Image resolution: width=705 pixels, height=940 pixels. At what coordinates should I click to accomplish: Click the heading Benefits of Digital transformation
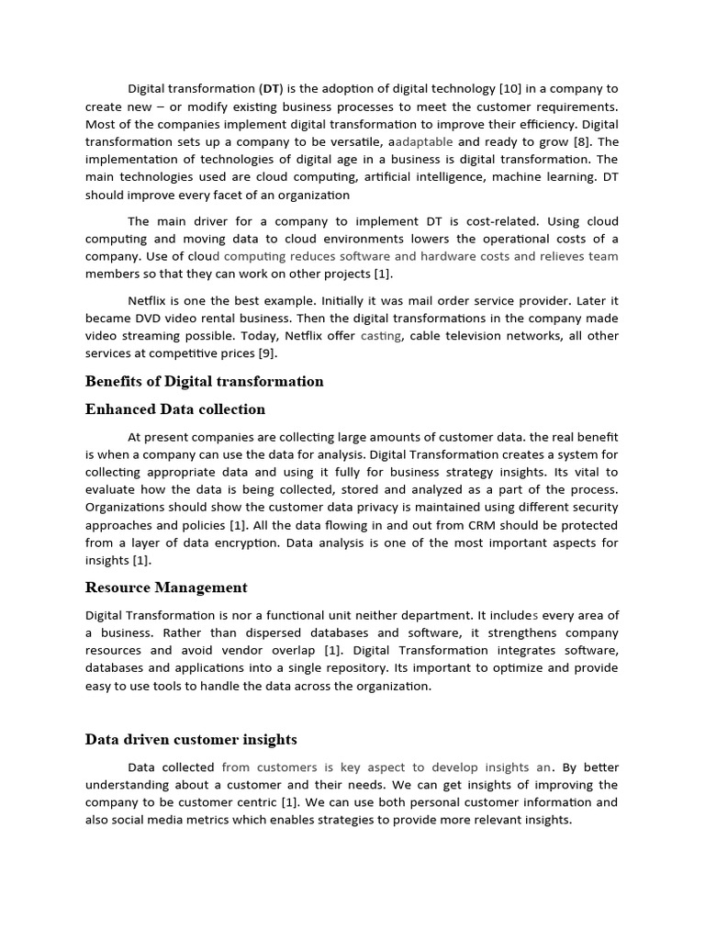coord(204,381)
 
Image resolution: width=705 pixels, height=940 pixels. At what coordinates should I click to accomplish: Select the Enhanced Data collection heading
coord(175,409)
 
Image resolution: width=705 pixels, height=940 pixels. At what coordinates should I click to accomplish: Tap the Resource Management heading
coord(166,587)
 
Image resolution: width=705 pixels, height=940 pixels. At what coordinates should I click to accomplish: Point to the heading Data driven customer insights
coord(191,739)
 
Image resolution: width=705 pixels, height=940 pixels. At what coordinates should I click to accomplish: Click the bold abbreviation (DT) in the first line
coord(272,89)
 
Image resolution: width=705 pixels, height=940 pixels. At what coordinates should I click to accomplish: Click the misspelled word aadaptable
coord(420,142)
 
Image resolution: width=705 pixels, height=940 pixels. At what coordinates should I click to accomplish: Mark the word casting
coord(380,336)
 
